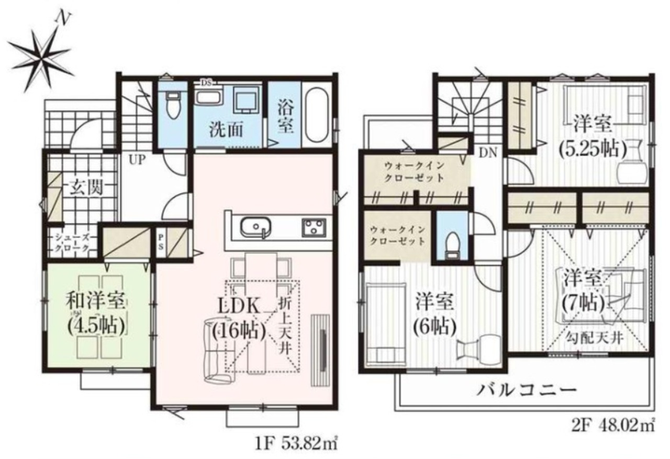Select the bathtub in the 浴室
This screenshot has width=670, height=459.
click(x=318, y=115)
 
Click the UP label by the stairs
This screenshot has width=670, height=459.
click(x=137, y=160)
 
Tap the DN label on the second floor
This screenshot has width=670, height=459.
click(x=488, y=154)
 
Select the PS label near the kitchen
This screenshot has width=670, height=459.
click(x=161, y=242)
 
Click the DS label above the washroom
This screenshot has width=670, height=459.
click(x=206, y=83)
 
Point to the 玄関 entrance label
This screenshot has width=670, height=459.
click(x=86, y=188)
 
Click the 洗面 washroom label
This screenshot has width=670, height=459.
click(x=226, y=130)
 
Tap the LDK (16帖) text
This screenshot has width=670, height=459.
click(x=239, y=321)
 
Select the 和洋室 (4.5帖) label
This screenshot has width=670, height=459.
click(x=95, y=314)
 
